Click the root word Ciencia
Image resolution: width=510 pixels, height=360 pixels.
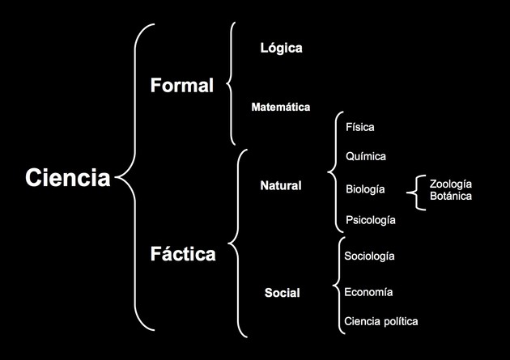[x=68, y=178]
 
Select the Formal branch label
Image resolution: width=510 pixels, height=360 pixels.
[x=182, y=86]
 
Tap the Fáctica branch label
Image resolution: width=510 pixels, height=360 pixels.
[x=183, y=253]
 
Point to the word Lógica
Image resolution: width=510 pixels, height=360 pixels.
[x=282, y=48]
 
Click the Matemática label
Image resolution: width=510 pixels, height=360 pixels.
[x=281, y=107]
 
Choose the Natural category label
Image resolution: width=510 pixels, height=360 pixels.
[x=281, y=185]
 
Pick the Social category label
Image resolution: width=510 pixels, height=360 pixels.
[x=282, y=293]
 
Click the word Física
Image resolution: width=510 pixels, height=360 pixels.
[x=359, y=127]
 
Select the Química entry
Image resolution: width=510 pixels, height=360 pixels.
[x=366, y=156]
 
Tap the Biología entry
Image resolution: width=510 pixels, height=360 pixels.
[x=365, y=189]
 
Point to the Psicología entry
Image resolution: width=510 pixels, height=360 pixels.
[x=371, y=220]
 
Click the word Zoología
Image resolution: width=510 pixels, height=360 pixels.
[x=450, y=184]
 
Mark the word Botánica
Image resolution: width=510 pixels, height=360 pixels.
[x=450, y=196]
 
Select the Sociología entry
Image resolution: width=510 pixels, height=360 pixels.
[x=369, y=256]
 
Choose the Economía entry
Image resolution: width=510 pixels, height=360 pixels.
[x=368, y=292]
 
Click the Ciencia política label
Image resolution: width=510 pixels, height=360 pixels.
[x=380, y=321]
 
